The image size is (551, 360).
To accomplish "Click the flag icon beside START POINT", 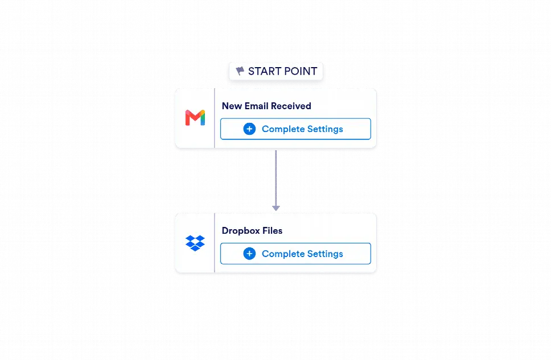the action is click(x=240, y=71).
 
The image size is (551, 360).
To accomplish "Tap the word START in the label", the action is click(x=264, y=71).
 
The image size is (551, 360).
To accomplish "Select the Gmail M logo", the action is click(x=195, y=118).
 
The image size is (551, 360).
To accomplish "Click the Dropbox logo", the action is click(x=195, y=243).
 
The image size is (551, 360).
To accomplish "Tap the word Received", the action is click(x=291, y=106).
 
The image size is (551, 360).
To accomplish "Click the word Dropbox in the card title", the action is click(x=241, y=231).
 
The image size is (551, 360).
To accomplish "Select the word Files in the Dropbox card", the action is click(x=272, y=231).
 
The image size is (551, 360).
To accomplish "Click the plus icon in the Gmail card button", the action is click(x=249, y=129).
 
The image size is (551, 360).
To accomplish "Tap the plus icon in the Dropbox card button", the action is click(x=249, y=254).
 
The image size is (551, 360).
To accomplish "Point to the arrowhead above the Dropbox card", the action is click(x=276, y=208).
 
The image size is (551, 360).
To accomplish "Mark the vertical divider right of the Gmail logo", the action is click(x=215, y=118).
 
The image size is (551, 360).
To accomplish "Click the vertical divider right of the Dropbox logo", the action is click(x=215, y=243).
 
